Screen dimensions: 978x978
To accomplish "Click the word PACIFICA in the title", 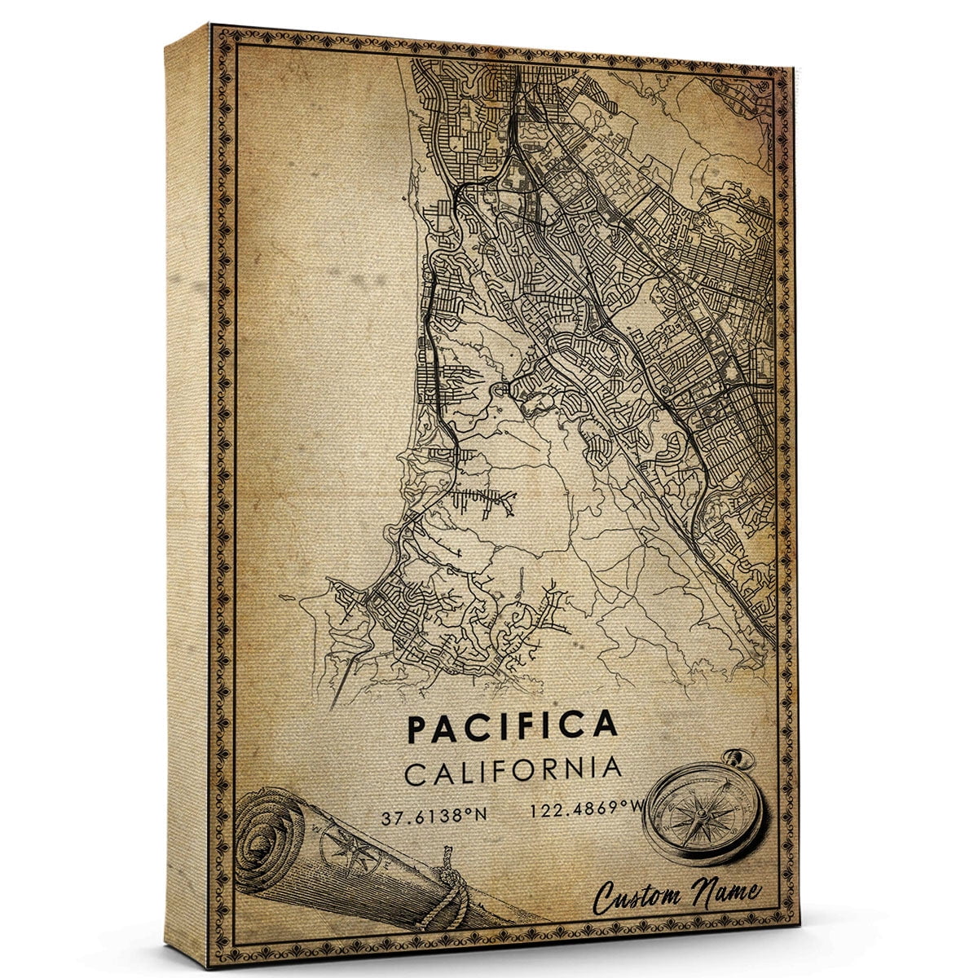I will pyautogui.click(x=512, y=725).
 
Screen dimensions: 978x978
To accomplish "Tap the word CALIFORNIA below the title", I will pyautogui.click(x=513, y=770).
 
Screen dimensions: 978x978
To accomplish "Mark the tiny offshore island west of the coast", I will pyautogui.click(x=286, y=600).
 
